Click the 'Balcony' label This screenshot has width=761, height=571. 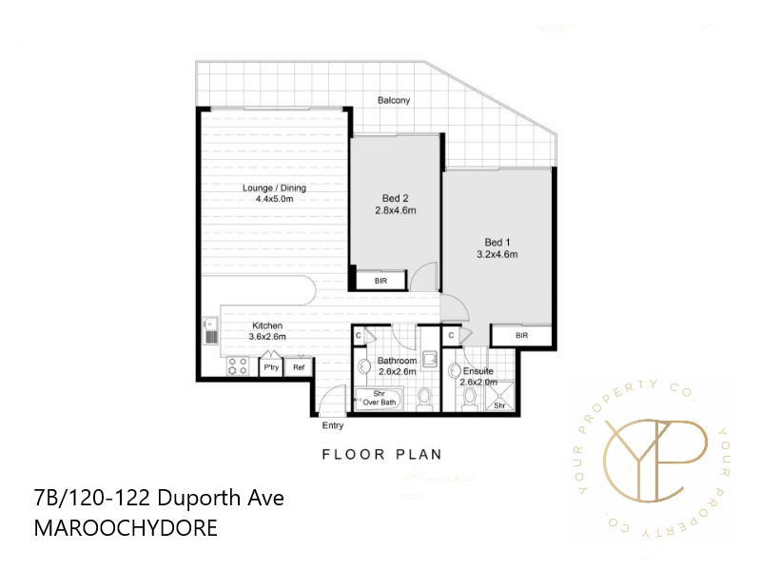pos(394,100)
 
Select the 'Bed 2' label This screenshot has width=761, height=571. pos(395,199)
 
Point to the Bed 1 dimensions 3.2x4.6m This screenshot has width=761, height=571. pos(497,254)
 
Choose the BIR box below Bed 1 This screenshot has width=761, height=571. pos(521,336)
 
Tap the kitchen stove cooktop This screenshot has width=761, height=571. pos(237,366)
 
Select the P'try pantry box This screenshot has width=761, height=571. pos(270,366)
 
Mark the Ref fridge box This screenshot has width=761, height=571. pos(299,366)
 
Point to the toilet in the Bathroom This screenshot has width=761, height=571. pos(425,397)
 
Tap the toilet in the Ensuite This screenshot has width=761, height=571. pos(469,399)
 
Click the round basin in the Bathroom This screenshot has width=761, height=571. pos(363,368)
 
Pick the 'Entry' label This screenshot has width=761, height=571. pos(333,425)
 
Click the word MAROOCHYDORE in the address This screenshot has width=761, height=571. pos(125,526)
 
